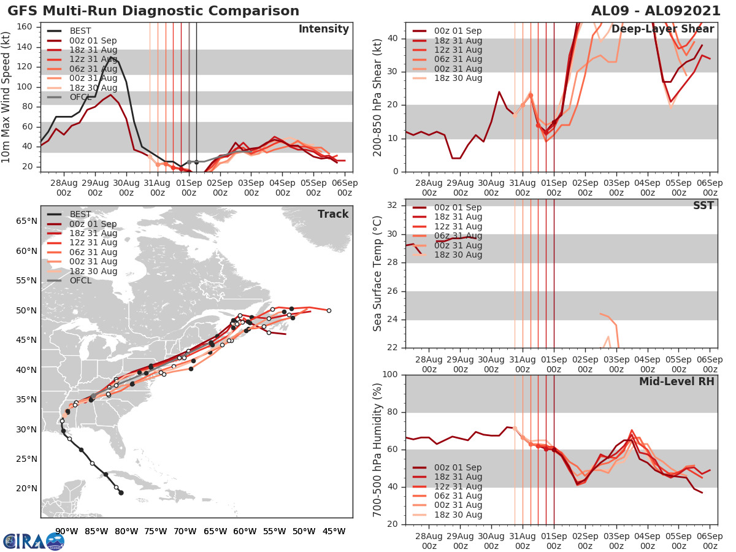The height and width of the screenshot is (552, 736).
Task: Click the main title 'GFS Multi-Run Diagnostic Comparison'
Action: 153,11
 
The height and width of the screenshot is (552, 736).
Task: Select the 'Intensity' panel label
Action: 323,29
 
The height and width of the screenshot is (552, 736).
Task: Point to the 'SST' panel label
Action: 703,205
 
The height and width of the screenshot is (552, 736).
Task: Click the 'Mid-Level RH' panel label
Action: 677,381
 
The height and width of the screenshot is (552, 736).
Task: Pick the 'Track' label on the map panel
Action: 333,214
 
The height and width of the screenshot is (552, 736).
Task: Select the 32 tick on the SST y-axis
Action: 396,204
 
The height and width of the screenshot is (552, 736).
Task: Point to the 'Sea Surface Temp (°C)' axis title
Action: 378,273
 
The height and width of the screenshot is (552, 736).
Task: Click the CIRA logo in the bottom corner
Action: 34,541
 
